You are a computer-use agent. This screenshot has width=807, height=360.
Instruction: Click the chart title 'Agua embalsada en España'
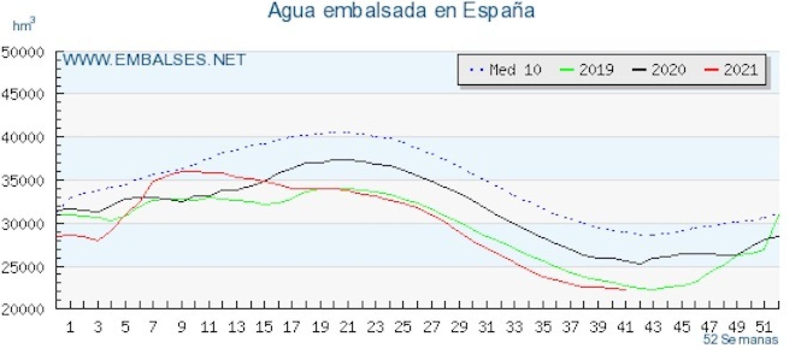(401, 10)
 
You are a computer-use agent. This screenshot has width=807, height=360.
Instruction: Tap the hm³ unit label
(24, 25)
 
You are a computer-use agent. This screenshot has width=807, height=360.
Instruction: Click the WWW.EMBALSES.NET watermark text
(155, 60)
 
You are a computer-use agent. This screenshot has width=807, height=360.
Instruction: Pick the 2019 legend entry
(587, 70)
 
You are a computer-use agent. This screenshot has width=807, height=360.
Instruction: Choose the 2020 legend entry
(659, 70)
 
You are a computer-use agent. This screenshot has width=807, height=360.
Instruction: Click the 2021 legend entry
(732, 70)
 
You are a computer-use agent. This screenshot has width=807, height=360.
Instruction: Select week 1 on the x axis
(70, 327)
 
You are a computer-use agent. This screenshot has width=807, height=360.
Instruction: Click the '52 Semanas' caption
(740, 340)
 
